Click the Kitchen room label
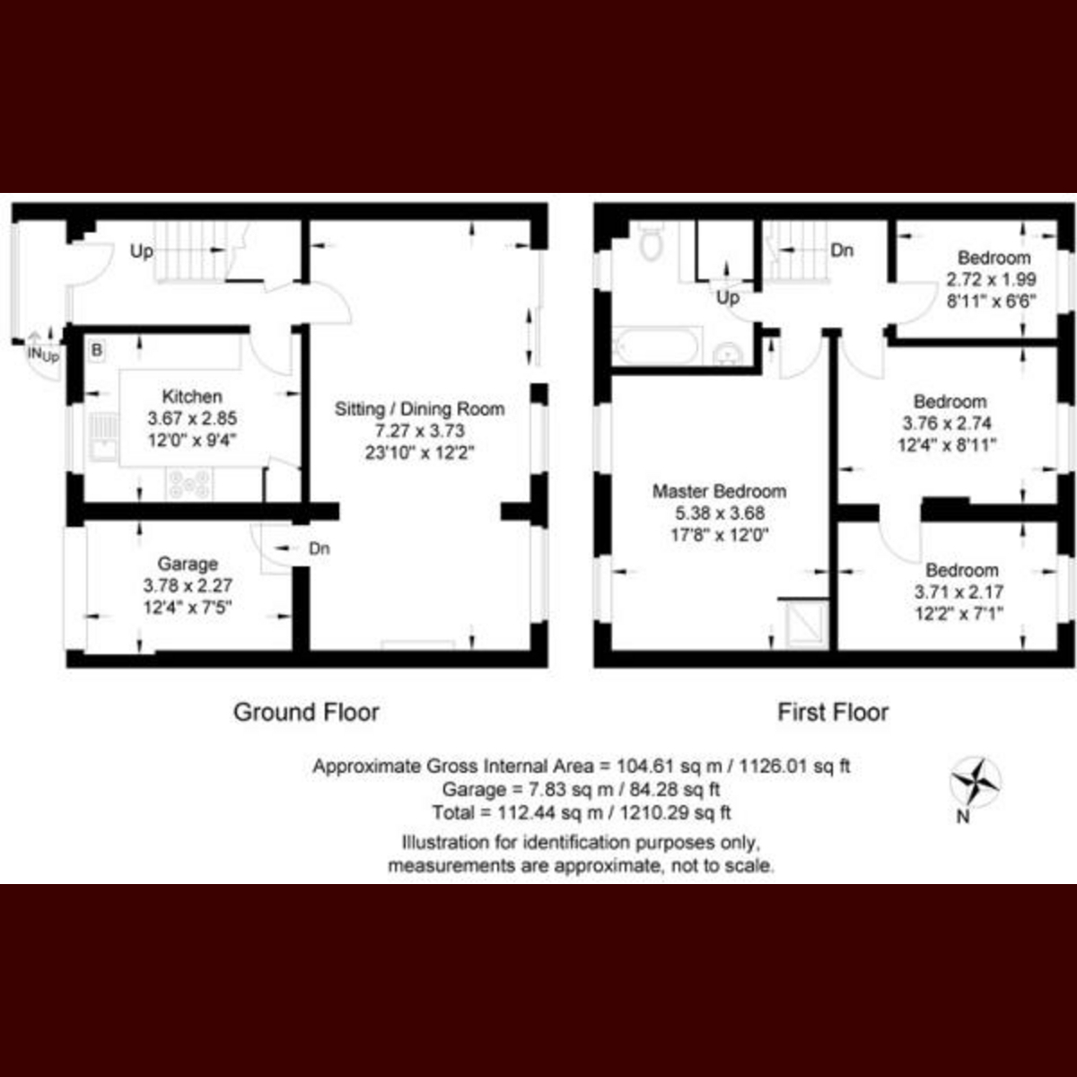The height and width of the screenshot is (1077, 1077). (192, 397)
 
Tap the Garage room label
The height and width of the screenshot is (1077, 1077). (188, 564)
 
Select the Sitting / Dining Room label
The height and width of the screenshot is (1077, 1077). (419, 409)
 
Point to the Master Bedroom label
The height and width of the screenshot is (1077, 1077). (719, 492)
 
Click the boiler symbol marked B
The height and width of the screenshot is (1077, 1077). (97, 350)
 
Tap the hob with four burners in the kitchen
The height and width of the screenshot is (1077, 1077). (188, 483)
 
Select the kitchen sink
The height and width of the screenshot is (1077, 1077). (103, 437)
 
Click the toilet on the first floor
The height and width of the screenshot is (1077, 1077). (650, 241)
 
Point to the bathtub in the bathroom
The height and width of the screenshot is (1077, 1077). (657, 346)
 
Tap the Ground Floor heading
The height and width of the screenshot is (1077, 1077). (306, 713)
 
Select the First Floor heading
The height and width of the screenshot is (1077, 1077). (833, 713)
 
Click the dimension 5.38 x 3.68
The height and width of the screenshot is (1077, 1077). (719, 513)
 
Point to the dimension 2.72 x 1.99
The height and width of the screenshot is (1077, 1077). (992, 279)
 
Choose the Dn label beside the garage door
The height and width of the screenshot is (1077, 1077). (320, 549)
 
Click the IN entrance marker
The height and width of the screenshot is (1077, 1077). (35, 354)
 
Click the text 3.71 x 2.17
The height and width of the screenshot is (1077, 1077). (959, 591)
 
